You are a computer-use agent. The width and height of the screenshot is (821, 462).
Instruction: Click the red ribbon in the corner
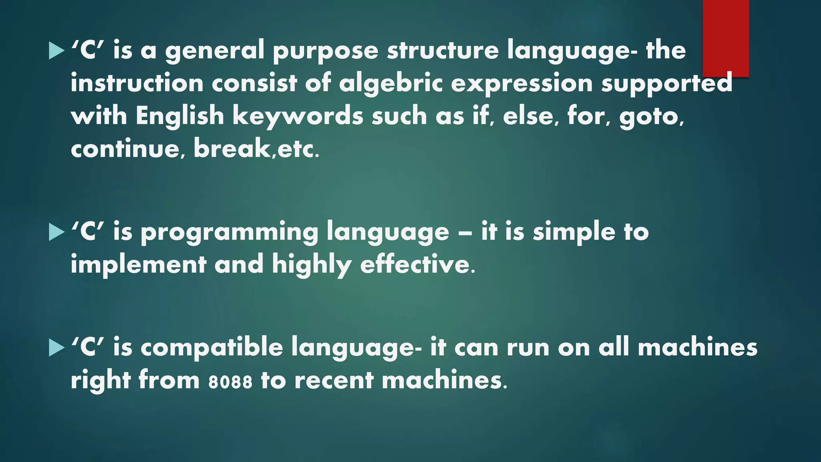coord(726,38)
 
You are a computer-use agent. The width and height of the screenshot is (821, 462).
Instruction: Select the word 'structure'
coord(443,51)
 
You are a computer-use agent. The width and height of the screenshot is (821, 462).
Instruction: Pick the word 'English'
coord(180,116)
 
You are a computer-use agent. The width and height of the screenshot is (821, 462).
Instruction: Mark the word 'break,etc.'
coord(257,148)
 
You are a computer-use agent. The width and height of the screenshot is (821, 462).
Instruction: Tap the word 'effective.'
coord(418,265)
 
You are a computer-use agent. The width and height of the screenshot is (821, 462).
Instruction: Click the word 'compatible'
coord(212,347)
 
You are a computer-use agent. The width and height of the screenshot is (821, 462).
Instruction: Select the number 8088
coord(231,381)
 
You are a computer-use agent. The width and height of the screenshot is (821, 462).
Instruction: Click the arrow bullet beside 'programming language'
coord(57,233)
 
